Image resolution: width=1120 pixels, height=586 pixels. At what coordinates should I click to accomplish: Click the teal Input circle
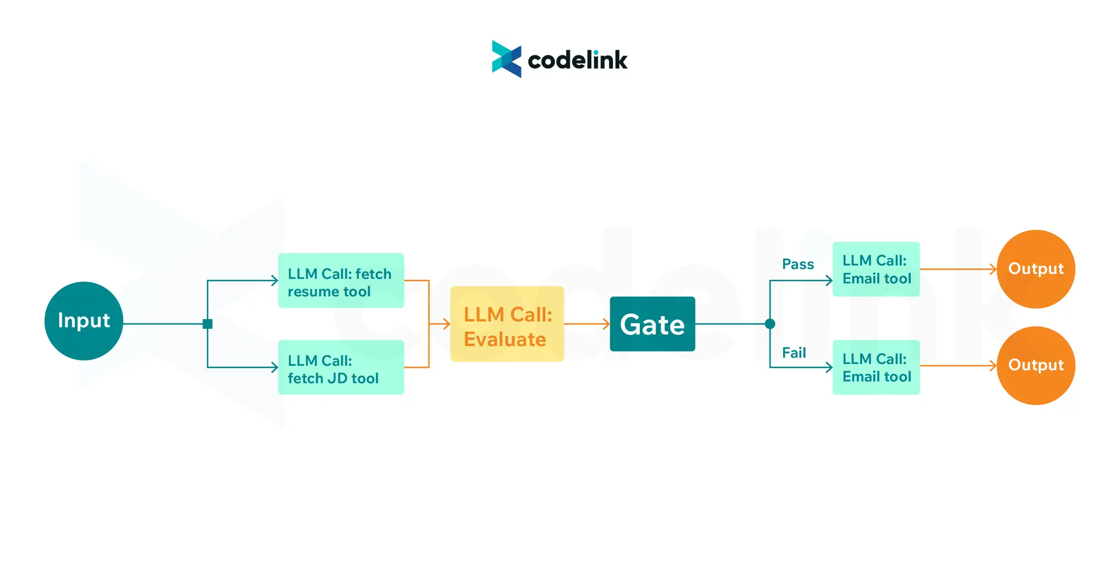tap(84, 321)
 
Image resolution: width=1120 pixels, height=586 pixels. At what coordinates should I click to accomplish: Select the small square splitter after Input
tap(207, 324)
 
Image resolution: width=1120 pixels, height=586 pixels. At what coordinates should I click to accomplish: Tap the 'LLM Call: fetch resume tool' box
tap(341, 280)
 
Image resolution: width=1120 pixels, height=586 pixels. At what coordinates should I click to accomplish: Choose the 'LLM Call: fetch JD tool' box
tap(341, 367)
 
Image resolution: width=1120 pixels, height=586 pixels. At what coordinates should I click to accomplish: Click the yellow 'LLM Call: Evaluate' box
tap(507, 324)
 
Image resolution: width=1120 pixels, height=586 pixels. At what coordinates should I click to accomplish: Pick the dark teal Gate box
tap(652, 324)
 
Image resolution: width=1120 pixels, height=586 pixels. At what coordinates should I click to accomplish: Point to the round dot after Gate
tap(770, 324)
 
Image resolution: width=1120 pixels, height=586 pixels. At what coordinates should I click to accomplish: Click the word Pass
tap(797, 265)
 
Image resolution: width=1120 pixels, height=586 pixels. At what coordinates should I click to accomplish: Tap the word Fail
tap(794, 353)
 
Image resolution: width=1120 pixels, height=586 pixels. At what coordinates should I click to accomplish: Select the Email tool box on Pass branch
tap(876, 269)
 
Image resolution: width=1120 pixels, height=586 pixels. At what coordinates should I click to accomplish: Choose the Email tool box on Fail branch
tap(876, 367)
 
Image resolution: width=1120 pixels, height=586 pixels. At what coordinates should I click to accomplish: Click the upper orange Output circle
tap(1036, 269)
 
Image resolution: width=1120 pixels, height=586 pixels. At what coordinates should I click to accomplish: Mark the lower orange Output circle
tap(1036, 365)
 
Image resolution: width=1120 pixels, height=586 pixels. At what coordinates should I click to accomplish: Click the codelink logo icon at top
tap(506, 59)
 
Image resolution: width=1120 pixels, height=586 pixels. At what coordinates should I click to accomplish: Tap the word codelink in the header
tap(577, 60)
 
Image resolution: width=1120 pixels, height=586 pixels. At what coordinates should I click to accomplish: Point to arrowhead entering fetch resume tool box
tap(275, 280)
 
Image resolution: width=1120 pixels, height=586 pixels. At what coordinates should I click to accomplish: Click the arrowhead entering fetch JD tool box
tap(275, 367)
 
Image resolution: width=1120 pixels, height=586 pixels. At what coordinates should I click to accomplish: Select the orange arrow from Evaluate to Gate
tap(587, 324)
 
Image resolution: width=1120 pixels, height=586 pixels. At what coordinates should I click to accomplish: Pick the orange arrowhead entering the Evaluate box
tap(447, 324)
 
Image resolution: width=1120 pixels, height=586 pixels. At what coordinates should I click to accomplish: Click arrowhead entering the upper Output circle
tap(993, 269)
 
